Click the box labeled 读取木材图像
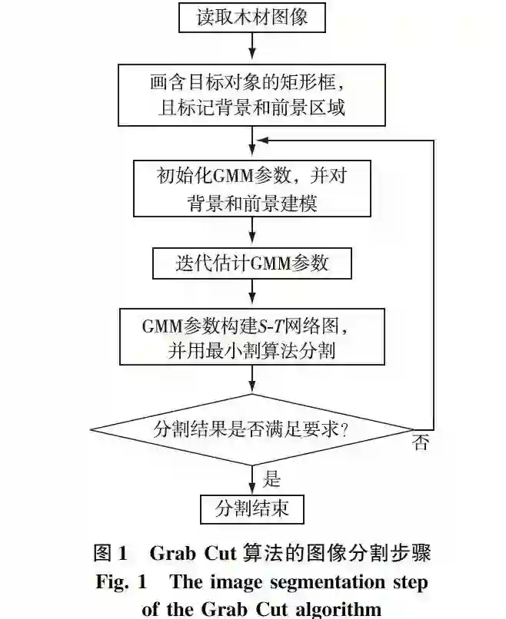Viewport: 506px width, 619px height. click(252, 17)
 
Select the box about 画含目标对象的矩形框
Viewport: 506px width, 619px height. click(252, 94)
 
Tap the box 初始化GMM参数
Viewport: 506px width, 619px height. click(252, 188)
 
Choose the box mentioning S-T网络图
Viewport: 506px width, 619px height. click(252, 336)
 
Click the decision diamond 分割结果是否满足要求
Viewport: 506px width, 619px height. click(252, 429)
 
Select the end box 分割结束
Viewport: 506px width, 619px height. click(252, 508)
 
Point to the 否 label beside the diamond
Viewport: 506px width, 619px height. click(420, 443)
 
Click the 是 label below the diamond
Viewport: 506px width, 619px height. click(271, 479)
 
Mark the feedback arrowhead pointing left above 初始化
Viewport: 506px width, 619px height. click(261, 141)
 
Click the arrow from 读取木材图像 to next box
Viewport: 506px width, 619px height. click(252, 48)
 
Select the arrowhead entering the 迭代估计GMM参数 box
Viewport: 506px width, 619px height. click(252, 243)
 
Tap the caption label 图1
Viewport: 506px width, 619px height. click(109, 553)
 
